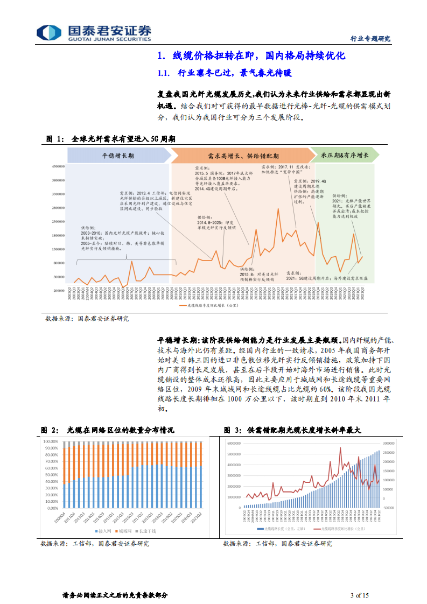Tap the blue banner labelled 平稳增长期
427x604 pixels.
118,156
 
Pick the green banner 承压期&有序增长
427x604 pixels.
345,156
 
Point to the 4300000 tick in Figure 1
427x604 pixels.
58,166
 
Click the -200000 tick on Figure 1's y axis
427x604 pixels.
58,291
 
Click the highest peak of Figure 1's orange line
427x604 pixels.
278,209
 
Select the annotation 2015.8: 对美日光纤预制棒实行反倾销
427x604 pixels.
257,274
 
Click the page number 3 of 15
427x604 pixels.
359,595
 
